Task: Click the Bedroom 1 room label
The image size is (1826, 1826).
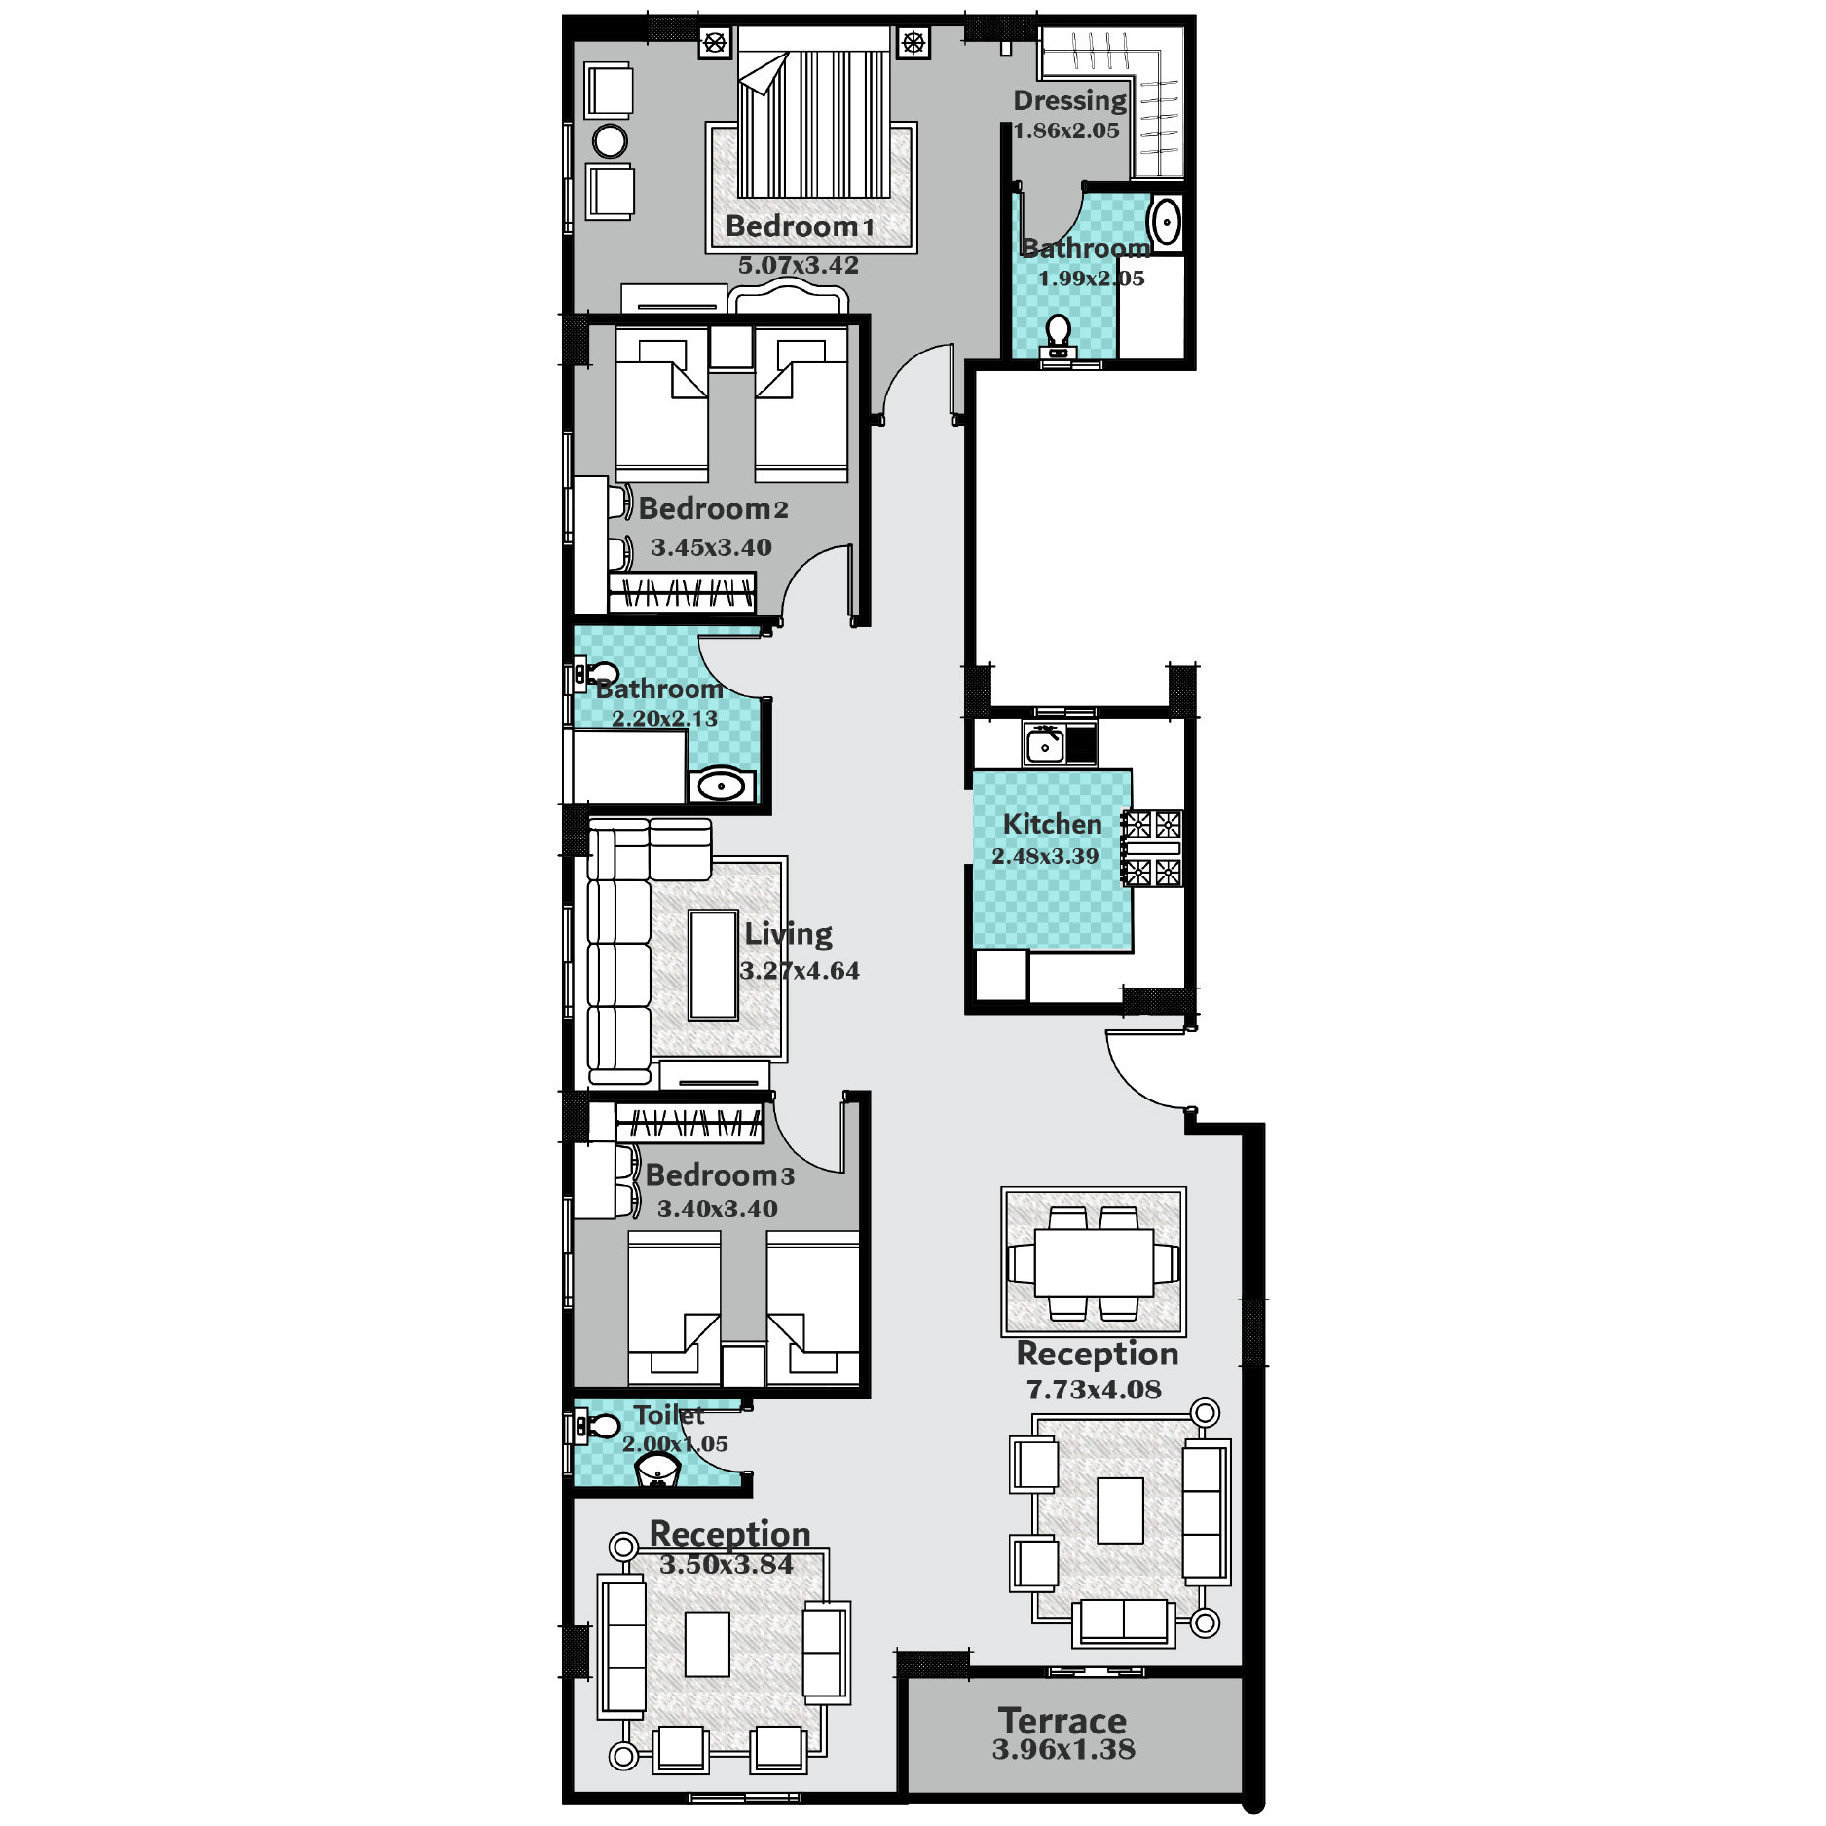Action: pos(800,227)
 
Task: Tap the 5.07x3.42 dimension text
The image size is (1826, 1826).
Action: pos(798,265)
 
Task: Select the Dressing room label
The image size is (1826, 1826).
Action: pos(1069,101)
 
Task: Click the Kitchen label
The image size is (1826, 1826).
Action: pos(1052,824)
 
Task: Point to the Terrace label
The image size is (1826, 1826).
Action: pos(1062,1721)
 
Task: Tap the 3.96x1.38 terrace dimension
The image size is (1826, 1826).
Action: pos(1063,1750)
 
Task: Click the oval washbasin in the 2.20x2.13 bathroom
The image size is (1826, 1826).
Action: pos(722,785)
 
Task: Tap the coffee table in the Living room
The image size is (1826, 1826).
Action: pos(713,965)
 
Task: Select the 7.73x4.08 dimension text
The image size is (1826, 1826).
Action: pos(1094,1390)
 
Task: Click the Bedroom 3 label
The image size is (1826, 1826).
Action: pos(720,1175)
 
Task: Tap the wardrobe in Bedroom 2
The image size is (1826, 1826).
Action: pos(682,592)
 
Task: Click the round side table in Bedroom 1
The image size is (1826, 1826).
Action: pos(611,141)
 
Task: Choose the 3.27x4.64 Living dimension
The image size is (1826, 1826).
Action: pos(800,971)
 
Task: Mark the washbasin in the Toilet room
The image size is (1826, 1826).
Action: pos(657,1471)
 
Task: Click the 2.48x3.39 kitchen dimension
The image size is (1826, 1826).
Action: pos(1045,856)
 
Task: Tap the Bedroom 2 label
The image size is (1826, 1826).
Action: pos(713,508)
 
